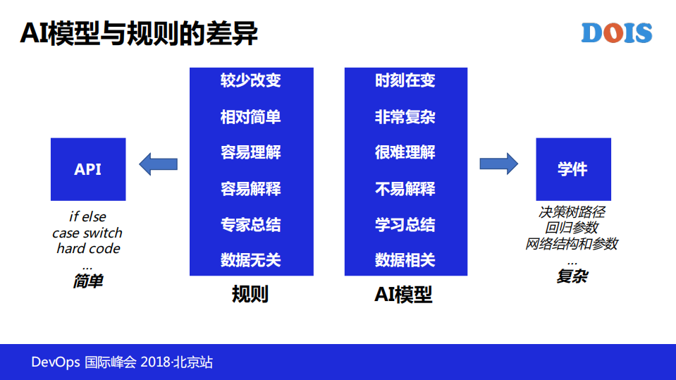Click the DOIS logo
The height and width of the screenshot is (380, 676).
(x=617, y=32)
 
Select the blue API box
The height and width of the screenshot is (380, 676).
(x=88, y=169)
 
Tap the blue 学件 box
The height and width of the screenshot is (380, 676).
(x=572, y=169)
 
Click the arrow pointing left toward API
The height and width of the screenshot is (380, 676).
(x=158, y=164)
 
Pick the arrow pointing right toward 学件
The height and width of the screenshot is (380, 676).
(x=498, y=164)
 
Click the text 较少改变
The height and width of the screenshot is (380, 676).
(x=250, y=80)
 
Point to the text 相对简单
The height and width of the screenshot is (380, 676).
(x=250, y=116)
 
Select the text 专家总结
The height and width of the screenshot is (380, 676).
(x=250, y=225)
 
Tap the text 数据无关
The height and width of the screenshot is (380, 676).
(x=250, y=260)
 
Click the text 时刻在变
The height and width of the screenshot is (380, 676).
(x=405, y=80)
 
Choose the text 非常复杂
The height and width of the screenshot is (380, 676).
(x=405, y=116)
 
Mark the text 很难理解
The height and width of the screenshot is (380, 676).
(x=405, y=152)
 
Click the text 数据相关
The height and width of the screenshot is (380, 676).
(x=405, y=260)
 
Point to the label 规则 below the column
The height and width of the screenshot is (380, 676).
(x=250, y=294)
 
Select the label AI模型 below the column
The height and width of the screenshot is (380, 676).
(x=403, y=294)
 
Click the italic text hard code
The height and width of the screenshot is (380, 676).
(x=88, y=248)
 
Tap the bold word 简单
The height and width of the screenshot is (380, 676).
(x=88, y=281)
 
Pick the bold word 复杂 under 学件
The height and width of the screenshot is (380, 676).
(x=572, y=276)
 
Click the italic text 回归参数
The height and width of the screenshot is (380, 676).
(x=572, y=228)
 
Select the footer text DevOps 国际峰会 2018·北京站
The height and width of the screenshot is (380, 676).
(x=122, y=362)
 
